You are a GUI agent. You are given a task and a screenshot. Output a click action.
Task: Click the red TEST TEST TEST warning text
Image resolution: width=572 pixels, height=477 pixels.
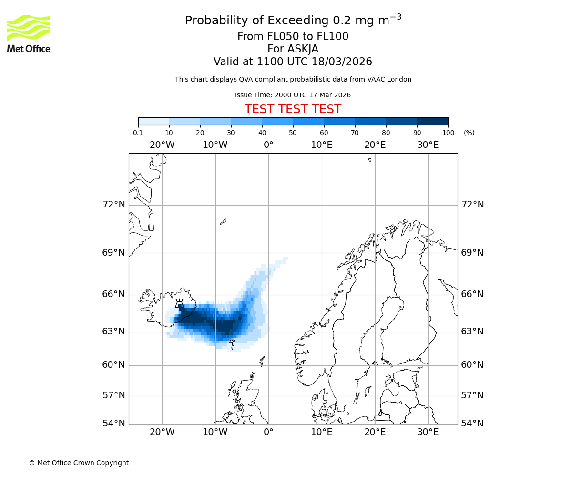click(293, 109)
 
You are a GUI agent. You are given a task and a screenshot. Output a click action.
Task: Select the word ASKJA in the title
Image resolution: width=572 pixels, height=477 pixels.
click(303, 49)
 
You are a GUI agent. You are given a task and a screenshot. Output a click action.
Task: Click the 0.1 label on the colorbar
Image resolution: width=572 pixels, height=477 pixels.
click(138, 133)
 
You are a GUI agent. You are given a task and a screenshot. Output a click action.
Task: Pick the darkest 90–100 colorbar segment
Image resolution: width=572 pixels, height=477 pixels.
click(432, 121)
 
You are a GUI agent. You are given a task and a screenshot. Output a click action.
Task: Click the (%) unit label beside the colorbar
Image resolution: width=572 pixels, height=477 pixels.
click(469, 133)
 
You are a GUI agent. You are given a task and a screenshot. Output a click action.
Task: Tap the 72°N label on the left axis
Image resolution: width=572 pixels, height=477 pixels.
click(113, 205)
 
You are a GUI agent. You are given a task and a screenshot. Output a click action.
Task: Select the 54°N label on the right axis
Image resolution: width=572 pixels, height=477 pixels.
click(472, 424)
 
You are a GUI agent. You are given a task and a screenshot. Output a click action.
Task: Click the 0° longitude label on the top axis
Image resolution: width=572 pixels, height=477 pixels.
click(268, 145)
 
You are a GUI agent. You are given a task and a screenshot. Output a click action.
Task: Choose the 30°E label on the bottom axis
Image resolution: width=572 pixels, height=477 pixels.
click(428, 432)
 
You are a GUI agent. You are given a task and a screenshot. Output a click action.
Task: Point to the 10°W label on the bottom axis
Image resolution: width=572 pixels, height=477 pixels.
click(215, 432)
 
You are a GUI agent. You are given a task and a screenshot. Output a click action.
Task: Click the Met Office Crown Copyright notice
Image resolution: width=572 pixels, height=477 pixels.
click(79, 463)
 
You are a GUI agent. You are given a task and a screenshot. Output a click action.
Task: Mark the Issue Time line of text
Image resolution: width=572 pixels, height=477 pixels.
click(293, 95)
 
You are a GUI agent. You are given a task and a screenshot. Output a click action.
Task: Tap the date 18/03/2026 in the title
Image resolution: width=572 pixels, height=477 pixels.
click(342, 62)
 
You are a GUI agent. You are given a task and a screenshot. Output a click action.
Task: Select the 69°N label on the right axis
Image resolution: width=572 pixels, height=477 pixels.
click(472, 253)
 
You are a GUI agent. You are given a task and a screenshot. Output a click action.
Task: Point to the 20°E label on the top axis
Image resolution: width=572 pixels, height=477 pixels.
click(375, 145)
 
